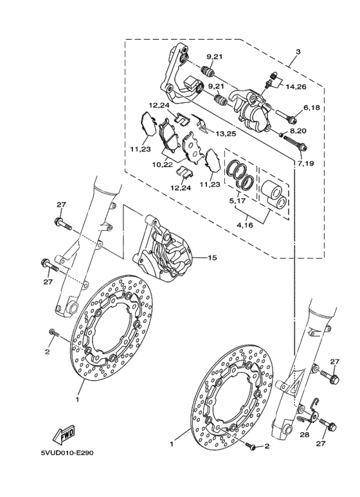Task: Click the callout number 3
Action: click(298, 51)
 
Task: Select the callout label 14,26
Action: click(296, 86)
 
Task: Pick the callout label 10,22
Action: click(162, 165)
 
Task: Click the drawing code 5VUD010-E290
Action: click(67, 453)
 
